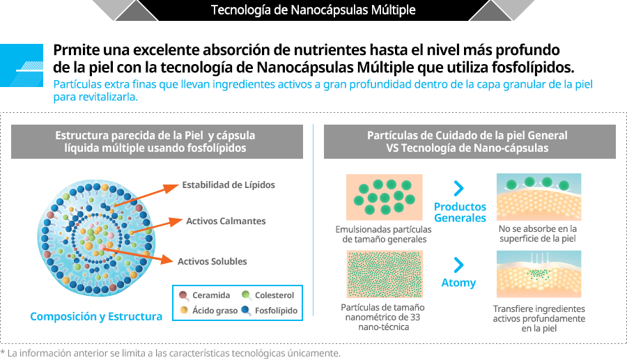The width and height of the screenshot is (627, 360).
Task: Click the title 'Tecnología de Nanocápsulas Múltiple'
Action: (x=313, y=10)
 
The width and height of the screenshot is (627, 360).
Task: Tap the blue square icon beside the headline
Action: (x=22, y=65)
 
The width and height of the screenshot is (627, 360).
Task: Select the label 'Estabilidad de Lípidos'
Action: (x=229, y=185)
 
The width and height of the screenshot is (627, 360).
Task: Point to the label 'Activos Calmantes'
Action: (x=226, y=221)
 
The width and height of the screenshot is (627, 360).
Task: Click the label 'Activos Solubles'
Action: (x=212, y=261)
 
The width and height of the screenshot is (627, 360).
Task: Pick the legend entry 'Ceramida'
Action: (x=205, y=295)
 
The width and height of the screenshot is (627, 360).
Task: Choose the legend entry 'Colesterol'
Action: (x=268, y=295)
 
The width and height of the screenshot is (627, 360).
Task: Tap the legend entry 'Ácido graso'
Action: (x=209, y=311)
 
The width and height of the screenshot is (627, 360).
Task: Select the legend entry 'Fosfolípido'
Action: (x=270, y=311)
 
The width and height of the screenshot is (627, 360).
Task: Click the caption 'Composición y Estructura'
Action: (x=96, y=316)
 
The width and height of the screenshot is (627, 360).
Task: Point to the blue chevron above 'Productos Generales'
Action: (x=458, y=188)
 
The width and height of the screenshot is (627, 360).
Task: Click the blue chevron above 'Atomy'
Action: (x=458, y=265)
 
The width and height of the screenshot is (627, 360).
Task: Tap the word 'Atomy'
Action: (x=458, y=283)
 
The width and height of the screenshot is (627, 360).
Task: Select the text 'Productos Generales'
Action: (x=460, y=212)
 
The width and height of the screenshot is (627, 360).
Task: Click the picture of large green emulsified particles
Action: (x=385, y=197)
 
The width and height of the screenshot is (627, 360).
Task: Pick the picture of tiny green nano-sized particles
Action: (x=385, y=274)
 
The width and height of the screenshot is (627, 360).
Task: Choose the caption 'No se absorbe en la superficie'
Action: (x=538, y=234)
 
